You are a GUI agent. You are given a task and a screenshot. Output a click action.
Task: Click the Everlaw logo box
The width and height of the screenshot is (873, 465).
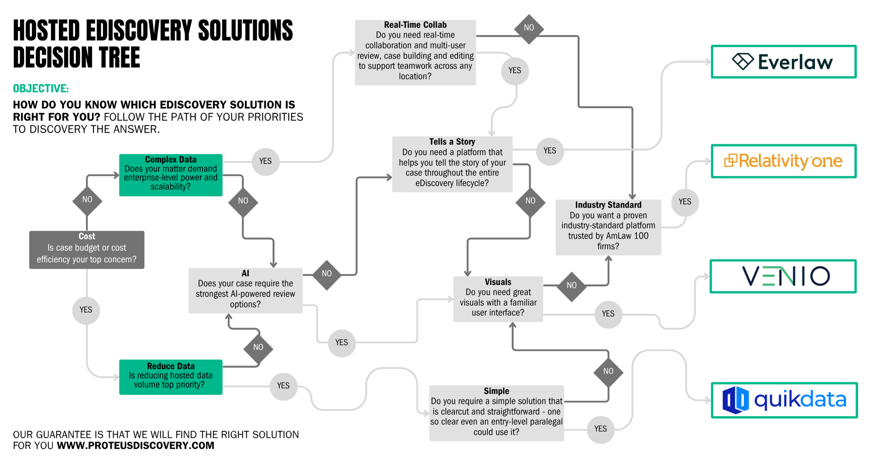[784, 62]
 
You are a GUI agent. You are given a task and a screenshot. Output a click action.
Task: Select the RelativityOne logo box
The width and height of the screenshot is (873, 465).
[784, 161]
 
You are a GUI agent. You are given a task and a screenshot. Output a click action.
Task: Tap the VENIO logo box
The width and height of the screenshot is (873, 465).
[784, 277]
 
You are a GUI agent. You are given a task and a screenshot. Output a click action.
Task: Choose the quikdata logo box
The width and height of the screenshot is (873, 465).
[784, 400]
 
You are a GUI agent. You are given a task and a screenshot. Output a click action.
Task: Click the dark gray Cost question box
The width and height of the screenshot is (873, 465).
[86, 250]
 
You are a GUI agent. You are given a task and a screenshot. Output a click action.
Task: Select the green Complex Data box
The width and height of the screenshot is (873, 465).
[171, 175]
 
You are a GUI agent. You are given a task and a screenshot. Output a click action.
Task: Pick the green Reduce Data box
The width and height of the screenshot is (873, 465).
[171, 377]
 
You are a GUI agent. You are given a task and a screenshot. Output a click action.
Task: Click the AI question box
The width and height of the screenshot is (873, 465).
[245, 290]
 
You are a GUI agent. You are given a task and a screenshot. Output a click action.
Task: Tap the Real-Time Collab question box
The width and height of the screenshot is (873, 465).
[415, 52]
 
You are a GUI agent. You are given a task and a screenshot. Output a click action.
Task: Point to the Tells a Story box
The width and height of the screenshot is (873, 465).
[452, 164]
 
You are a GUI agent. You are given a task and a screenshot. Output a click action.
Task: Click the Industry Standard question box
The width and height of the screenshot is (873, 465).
[608, 227]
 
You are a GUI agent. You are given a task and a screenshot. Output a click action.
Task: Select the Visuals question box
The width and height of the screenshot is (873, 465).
[498, 299]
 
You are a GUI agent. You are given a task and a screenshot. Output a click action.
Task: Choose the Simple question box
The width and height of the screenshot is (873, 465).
[496, 413]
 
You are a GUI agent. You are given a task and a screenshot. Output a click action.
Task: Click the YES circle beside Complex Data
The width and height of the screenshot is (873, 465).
[265, 161]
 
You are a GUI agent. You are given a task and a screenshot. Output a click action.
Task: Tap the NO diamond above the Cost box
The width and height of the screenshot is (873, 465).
[87, 200]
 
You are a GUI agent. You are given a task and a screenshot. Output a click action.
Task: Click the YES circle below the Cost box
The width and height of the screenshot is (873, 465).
[86, 310]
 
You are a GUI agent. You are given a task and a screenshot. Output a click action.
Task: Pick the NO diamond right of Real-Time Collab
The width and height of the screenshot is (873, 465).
[529, 28]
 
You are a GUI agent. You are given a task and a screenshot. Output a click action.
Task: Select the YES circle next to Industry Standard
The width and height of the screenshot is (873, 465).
[684, 202]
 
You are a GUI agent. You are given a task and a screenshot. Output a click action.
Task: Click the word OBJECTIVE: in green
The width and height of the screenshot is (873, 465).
[41, 89]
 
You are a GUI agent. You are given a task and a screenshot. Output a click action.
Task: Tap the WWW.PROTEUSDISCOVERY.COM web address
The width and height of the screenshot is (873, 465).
[135, 445]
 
